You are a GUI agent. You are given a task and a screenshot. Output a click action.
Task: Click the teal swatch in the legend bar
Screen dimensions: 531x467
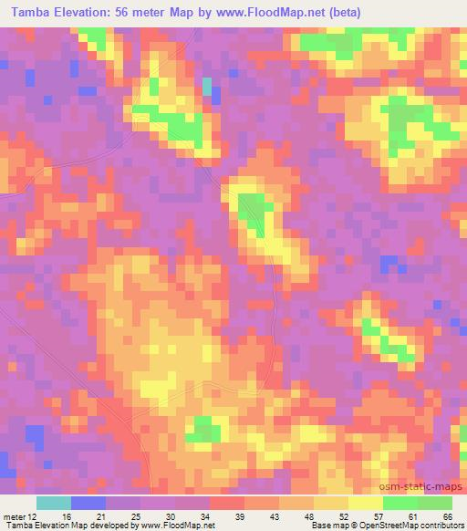point(54,503)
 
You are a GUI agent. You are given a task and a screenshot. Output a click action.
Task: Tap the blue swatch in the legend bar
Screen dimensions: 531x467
point(88,503)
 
